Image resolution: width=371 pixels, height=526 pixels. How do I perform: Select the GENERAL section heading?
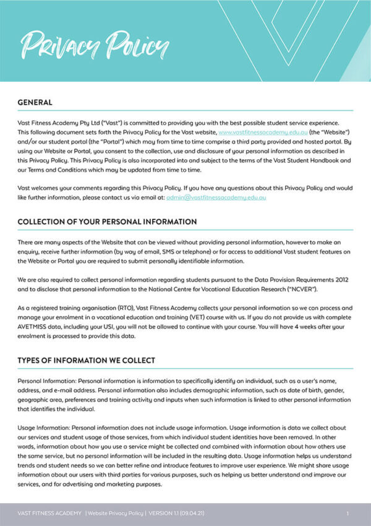(x=35, y=102)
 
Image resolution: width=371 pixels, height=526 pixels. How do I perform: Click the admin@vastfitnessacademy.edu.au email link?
(x=216, y=197)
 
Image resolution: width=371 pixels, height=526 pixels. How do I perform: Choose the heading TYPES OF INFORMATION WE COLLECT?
(x=86, y=360)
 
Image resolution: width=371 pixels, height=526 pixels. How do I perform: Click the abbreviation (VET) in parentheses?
(x=195, y=317)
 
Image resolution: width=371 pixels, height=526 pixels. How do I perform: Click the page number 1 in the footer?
(x=348, y=513)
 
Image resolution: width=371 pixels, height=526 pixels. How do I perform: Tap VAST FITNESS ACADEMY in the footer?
(x=49, y=513)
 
